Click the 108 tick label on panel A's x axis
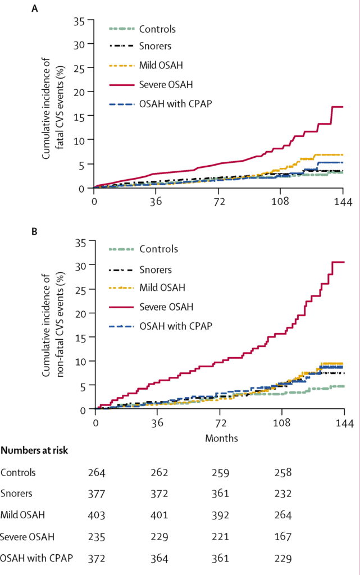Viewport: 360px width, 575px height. click(281, 200)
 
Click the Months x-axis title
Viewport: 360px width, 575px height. click(220, 436)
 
